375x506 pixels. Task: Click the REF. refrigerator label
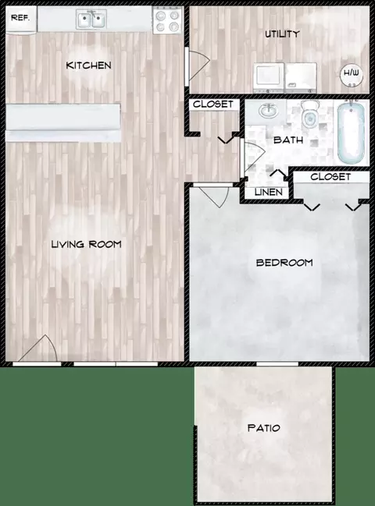(x=20, y=17)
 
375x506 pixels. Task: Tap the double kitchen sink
(x=91, y=19)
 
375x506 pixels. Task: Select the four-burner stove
(x=166, y=20)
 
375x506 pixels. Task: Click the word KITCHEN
(x=88, y=65)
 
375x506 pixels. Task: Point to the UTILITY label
(x=282, y=34)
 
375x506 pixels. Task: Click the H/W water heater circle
(x=352, y=73)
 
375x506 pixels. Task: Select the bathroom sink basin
(x=268, y=111)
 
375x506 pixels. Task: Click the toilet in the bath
(x=310, y=114)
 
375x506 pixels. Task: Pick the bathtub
(x=352, y=133)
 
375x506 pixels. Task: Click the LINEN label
(x=268, y=193)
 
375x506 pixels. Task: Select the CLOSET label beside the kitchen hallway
(x=213, y=104)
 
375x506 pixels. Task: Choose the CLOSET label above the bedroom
(x=330, y=177)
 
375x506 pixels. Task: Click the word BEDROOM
(x=284, y=263)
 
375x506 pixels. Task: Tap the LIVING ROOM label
(x=87, y=244)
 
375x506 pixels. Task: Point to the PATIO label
(x=264, y=428)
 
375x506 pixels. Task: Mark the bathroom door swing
(x=254, y=157)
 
